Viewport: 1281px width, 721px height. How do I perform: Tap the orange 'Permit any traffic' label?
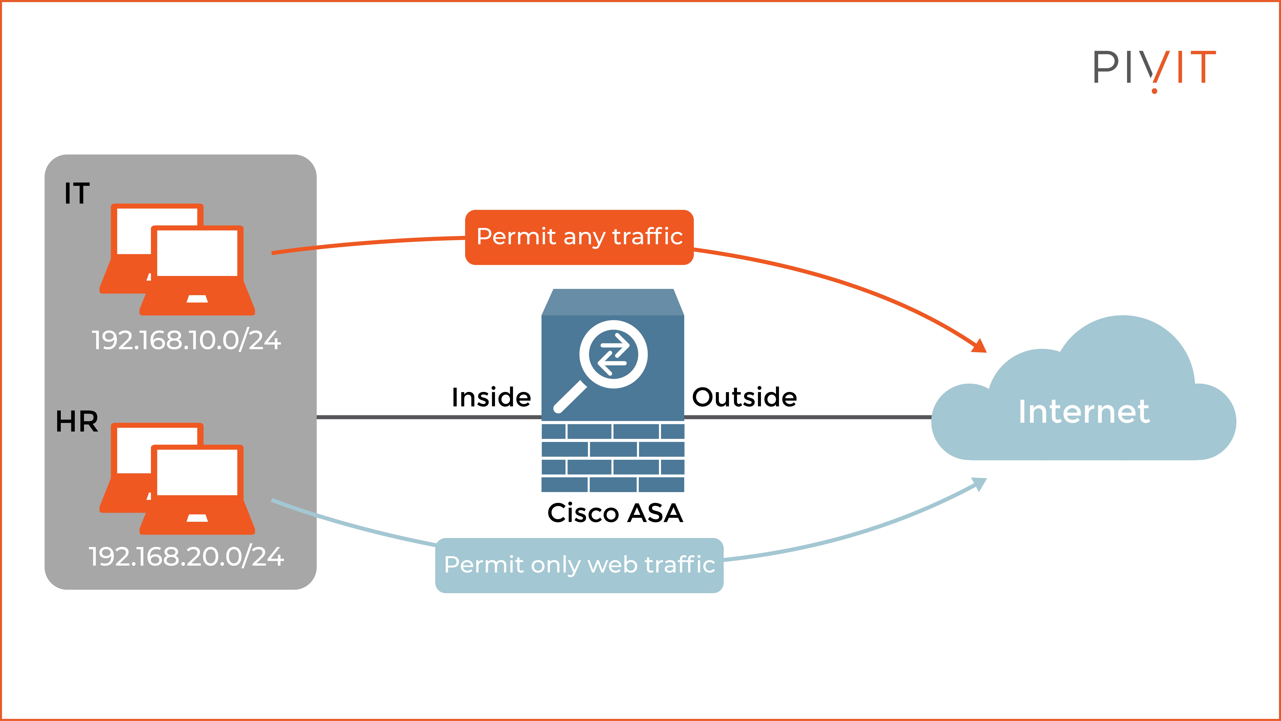579,237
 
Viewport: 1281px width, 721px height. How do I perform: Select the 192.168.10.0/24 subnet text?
187,341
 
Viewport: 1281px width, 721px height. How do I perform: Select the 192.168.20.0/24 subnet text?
187,557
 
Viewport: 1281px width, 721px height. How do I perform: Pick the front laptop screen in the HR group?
197,472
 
